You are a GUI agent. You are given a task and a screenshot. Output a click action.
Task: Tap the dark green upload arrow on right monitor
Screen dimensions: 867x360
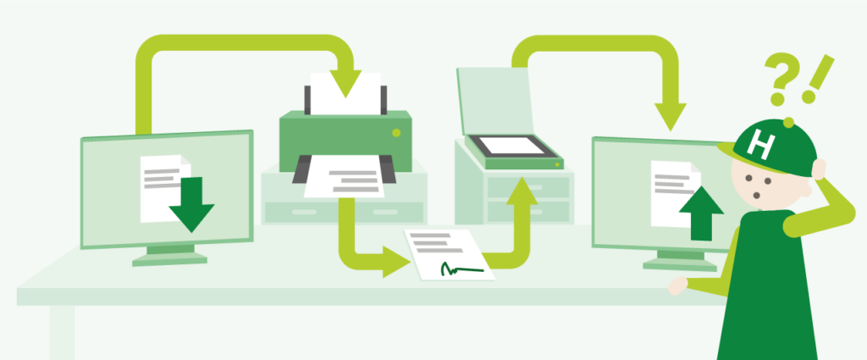point(701,213)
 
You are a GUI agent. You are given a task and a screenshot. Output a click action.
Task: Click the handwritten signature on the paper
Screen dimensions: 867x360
point(461,269)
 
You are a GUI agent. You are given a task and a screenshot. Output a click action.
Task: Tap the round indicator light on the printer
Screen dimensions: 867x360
point(396,133)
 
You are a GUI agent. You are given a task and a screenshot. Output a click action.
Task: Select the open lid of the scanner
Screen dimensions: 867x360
point(494,101)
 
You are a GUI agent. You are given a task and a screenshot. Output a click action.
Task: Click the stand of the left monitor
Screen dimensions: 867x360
point(169,256)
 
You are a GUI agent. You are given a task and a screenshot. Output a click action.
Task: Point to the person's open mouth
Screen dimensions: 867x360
point(756,195)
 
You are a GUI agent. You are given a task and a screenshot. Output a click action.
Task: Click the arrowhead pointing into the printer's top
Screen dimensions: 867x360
point(345,84)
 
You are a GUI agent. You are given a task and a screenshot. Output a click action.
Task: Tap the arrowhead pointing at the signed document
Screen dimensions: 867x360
point(396,262)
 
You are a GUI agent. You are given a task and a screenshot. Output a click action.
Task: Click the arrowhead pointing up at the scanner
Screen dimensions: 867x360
point(522,191)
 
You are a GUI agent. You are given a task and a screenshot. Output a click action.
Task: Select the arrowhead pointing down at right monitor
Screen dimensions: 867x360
point(671,117)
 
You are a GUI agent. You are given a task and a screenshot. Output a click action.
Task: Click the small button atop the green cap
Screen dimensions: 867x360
point(788,122)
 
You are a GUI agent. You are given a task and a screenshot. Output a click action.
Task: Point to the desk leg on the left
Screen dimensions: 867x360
point(62,332)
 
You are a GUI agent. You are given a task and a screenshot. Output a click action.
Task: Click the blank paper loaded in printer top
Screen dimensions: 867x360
point(345,93)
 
